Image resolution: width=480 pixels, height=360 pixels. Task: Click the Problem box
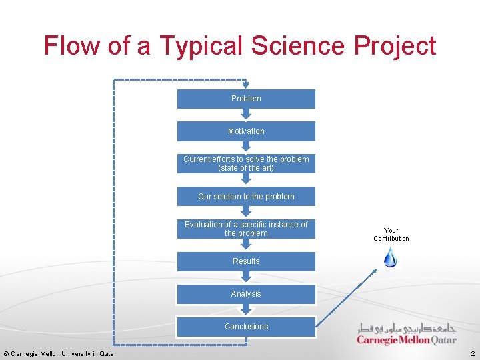coord(246,99)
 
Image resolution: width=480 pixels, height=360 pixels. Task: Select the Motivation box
coord(246,131)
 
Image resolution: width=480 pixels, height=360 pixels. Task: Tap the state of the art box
coord(246,163)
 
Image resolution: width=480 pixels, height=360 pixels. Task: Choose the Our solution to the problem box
coord(246,197)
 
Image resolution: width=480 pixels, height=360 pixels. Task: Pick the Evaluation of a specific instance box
coord(246,229)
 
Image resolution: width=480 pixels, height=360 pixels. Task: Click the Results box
coord(246,261)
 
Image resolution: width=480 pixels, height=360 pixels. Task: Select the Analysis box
coord(246,294)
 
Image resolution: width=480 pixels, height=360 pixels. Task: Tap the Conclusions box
coord(246,327)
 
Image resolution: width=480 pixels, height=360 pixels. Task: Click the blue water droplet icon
coord(391,257)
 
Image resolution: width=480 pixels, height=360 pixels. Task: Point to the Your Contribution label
coord(391,234)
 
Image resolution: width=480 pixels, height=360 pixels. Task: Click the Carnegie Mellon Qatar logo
coord(406,333)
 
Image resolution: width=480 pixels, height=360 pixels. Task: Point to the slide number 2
coord(473,353)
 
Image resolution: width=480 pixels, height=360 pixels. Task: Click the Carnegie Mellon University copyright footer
coord(60,353)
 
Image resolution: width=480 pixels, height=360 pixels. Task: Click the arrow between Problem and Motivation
coord(246,115)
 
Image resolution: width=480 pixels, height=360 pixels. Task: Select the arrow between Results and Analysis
coord(246,277)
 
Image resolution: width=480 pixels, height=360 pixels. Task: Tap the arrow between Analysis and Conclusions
coord(246,310)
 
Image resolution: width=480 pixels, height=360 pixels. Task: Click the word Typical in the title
coord(200,45)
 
